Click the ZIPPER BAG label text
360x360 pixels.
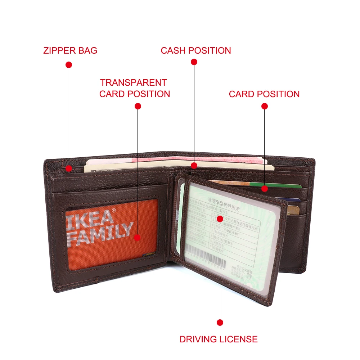tap(70, 50)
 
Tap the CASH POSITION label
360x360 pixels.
tap(196, 50)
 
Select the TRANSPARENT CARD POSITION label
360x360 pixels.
tap(135, 88)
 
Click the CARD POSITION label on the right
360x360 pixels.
tap(264, 94)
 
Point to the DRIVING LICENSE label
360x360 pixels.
tap(219, 339)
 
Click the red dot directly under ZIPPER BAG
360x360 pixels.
tap(69, 65)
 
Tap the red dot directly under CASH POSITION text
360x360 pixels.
tap(194, 62)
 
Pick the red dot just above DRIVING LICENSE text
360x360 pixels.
tap(220, 323)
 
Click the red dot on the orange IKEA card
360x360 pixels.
tap(137, 237)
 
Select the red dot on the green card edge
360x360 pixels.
tap(265, 188)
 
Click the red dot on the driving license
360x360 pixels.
tap(220, 219)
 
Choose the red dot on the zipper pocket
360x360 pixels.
tap(69, 168)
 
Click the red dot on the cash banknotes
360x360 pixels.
tap(194, 166)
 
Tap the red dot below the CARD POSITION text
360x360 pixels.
tap(265, 106)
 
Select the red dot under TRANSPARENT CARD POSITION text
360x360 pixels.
tap(138, 106)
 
